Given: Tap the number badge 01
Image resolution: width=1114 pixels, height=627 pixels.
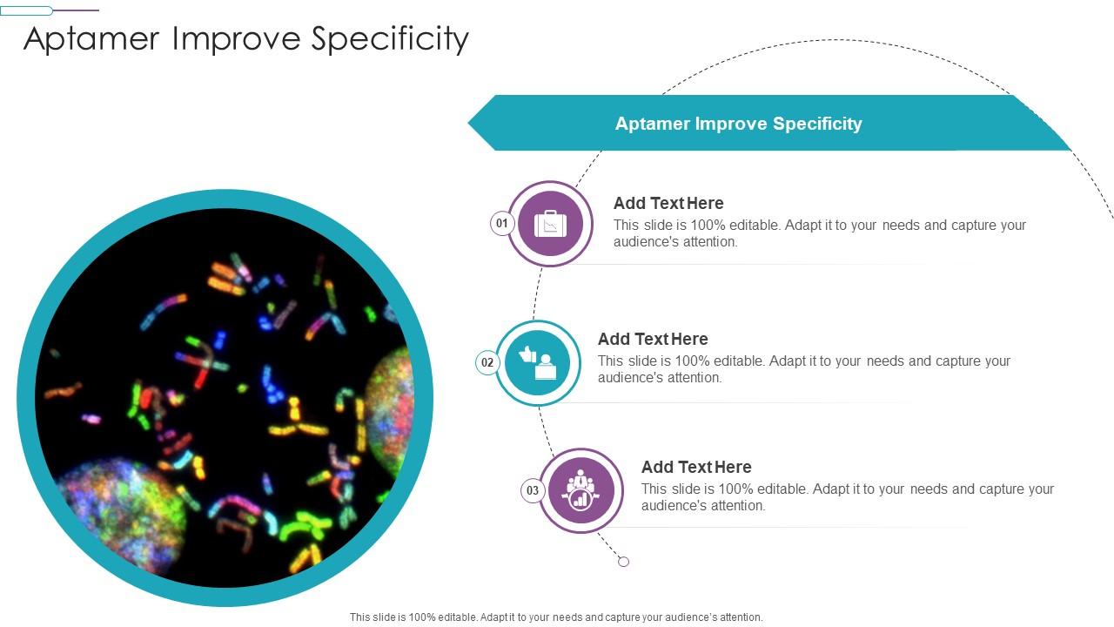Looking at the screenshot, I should [x=502, y=224].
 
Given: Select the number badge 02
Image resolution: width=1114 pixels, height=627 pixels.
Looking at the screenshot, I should [x=487, y=362].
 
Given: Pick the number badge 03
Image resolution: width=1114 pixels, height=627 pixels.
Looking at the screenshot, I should [x=533, y=490].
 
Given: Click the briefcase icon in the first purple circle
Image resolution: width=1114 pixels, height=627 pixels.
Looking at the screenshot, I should [x=550, y=225].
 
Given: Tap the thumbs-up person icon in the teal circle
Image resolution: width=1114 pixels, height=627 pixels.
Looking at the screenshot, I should [x=538, y=363].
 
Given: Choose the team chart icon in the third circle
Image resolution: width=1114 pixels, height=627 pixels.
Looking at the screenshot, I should [x=580, y=491].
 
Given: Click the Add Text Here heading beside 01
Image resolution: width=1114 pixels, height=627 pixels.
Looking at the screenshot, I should [x=668, y=203].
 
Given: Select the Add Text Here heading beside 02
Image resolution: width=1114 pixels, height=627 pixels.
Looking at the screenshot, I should [x=653, y=339].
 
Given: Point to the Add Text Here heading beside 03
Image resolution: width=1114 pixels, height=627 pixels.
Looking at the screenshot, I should [x=696, y=467].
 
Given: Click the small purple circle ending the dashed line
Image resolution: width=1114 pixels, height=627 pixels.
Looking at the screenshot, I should [x=623, y=562].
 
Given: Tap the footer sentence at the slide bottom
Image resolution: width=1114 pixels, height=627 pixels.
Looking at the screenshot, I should [x=556, y=617].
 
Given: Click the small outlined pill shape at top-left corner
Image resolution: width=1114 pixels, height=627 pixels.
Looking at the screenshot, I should [x=26, y=10].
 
